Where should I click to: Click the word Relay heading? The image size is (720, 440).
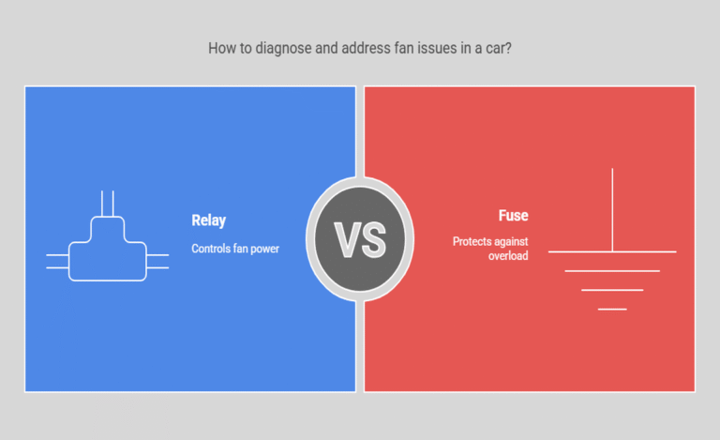[208, 220]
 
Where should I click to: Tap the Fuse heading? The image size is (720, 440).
[514, 216]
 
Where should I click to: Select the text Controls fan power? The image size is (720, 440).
[235, 249]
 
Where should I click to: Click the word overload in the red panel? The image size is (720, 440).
[508, 256]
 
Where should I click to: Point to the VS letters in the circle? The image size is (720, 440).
[360, 240]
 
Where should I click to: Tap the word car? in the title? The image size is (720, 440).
[499, 48]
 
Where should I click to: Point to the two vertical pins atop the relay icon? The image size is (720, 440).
[108, 203]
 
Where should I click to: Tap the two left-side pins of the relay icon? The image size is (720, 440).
[57, 261]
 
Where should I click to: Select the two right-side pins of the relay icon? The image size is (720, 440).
[157, 261]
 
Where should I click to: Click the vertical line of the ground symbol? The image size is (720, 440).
[612, 210]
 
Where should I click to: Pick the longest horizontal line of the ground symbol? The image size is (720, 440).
[612, 251]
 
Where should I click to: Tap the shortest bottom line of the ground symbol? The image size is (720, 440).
[612, 309]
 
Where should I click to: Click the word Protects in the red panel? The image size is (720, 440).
[472, 242]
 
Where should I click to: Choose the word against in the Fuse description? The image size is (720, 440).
[511, 242]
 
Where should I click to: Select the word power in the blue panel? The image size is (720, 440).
[264, 249]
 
